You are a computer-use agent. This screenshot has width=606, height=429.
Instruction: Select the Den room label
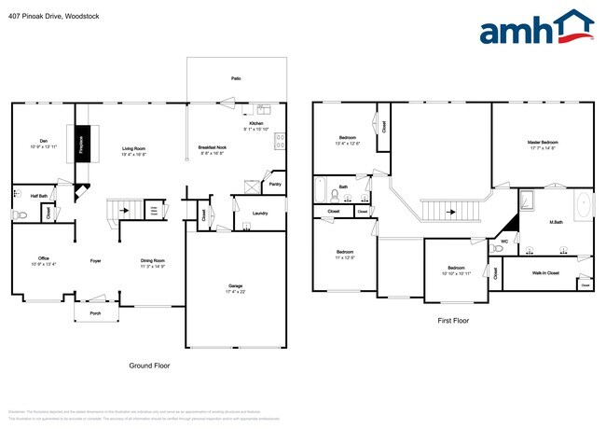point(43,142)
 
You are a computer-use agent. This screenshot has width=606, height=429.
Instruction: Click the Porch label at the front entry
point(94,313)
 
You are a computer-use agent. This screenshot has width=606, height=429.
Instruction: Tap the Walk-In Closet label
point(545,273)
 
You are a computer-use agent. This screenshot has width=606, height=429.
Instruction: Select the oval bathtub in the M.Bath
point(585,205)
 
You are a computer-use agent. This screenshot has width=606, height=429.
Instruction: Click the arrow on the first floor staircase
point(450,211)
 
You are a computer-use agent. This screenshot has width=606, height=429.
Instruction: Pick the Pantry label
point(274,185)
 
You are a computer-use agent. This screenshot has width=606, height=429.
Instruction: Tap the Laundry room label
point(260,213)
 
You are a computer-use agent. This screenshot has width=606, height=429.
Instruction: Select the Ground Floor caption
point(149,366)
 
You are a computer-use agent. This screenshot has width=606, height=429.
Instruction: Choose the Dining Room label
point(153,260)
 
